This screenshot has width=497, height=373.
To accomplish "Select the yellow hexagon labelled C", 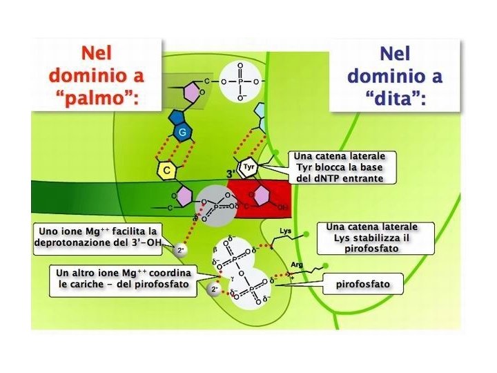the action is (166, 170).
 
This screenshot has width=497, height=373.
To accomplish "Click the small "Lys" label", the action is (286, 231).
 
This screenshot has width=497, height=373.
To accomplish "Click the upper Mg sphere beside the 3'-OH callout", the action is (181, 249).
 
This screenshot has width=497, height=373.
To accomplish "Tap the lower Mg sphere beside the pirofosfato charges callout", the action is (215, 290).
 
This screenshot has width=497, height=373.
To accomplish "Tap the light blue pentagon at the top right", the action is (262, 111).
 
